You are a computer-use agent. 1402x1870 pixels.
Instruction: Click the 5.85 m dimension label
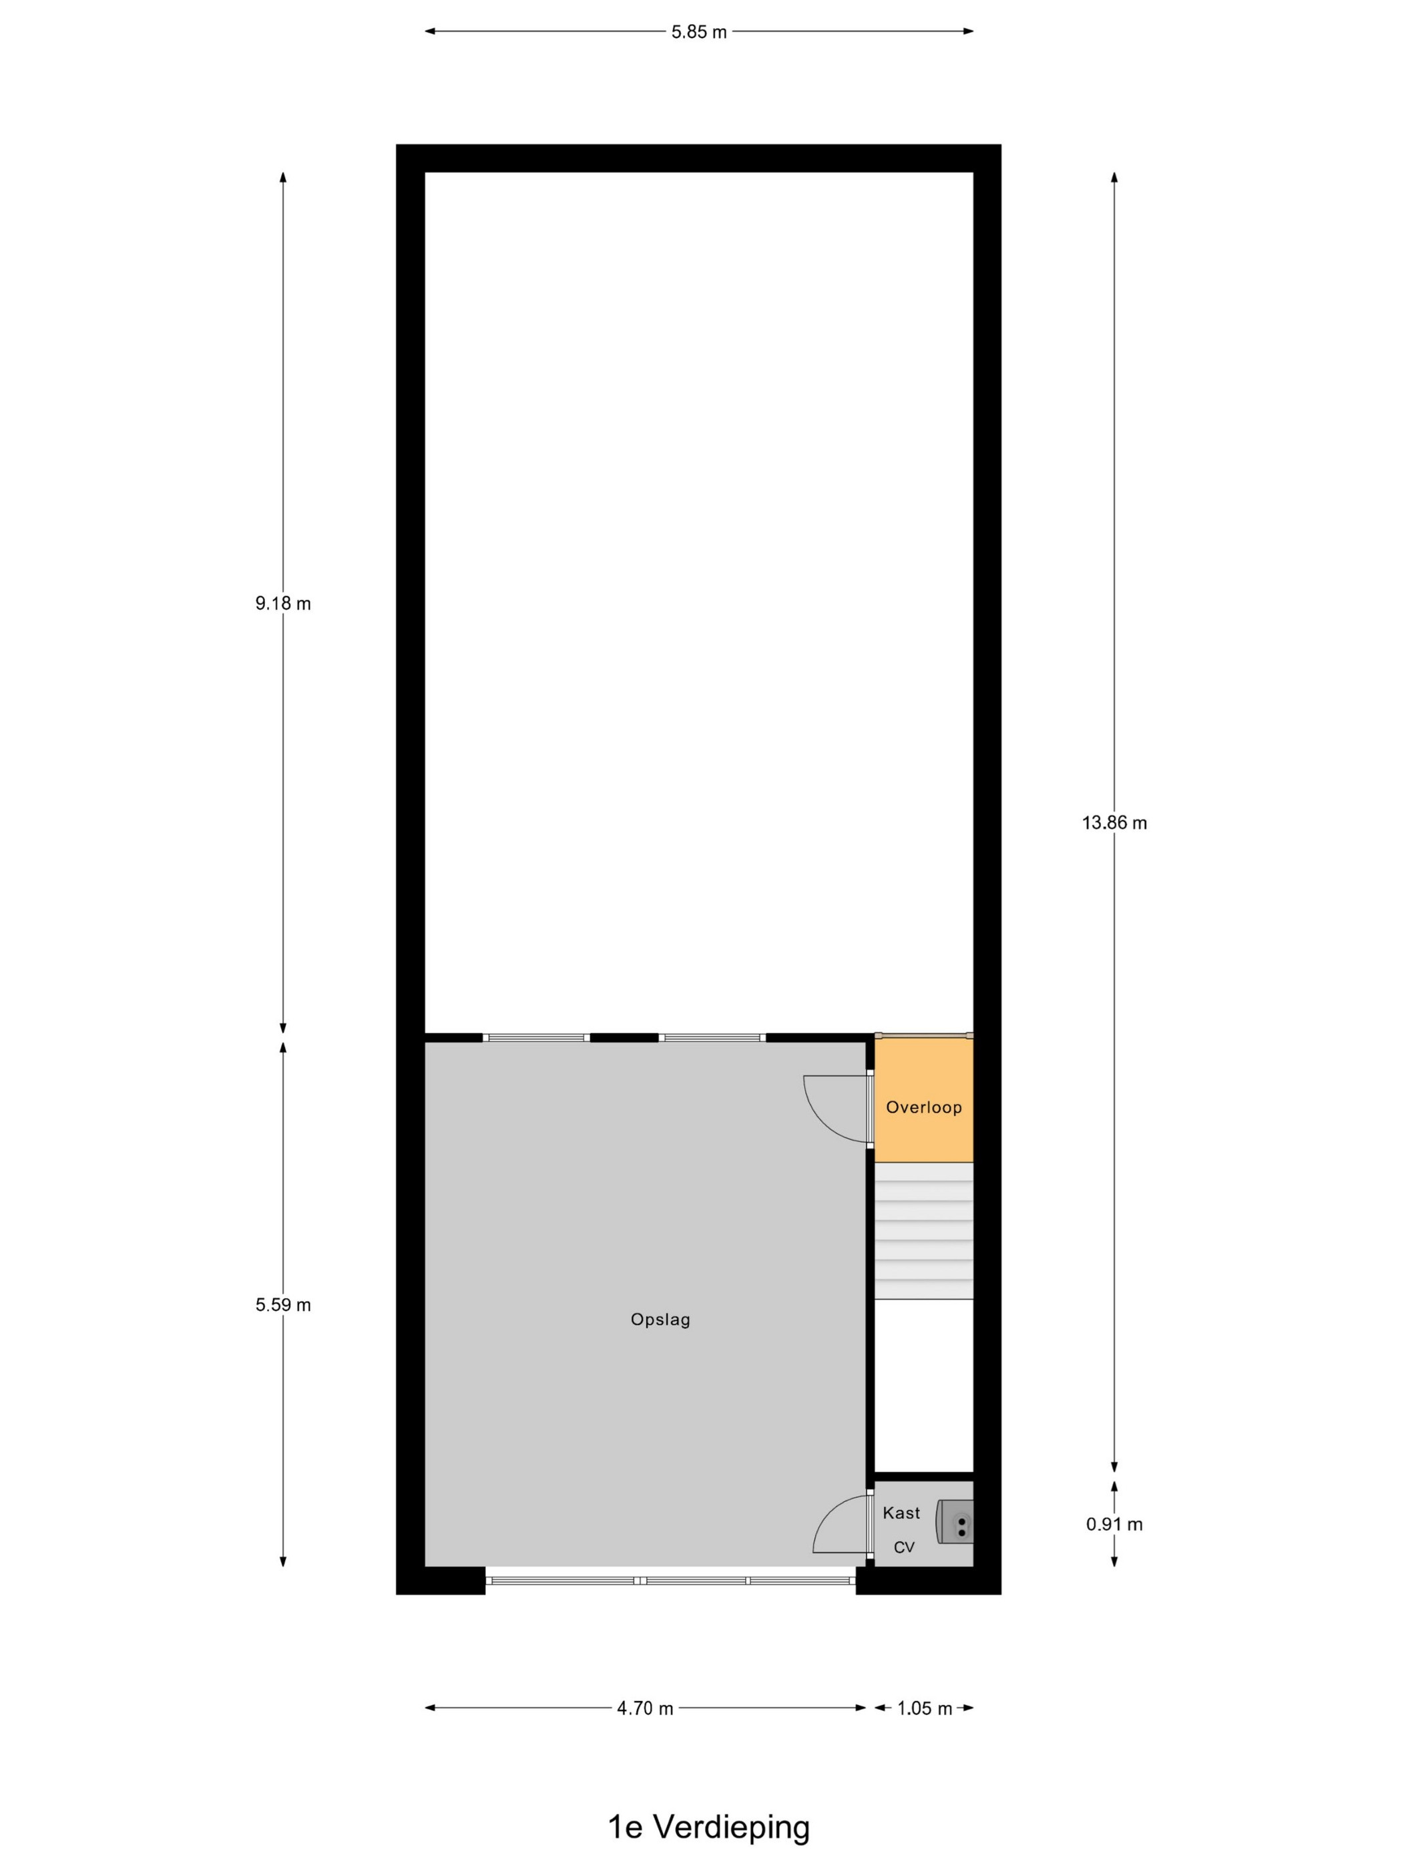point(699,32)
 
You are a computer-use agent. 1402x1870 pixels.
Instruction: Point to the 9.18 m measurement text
point(283,604)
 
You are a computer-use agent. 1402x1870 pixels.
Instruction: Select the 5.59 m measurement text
point(283,1304)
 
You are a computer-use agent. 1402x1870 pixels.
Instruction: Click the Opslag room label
point(661,1320)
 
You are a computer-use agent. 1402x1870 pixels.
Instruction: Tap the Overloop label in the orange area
point(924,1107)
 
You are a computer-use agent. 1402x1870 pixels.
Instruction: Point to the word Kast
point(901,1513)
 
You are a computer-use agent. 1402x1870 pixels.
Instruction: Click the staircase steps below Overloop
point(924,1231)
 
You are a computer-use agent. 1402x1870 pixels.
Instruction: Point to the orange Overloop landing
point(924,1099)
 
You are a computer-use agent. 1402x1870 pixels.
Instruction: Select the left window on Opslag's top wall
point(537,1037)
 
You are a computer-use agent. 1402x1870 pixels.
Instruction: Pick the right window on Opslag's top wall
point(712,1037)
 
